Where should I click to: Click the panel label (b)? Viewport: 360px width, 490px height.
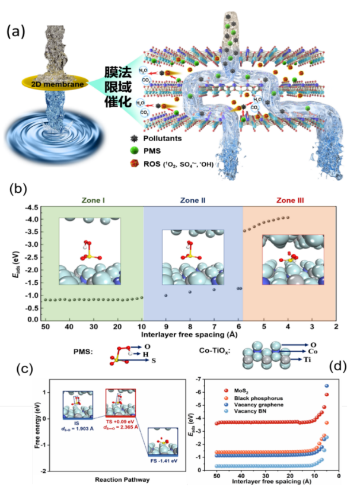tap(18, 190)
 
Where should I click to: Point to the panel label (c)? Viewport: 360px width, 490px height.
tap(18, 369)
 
